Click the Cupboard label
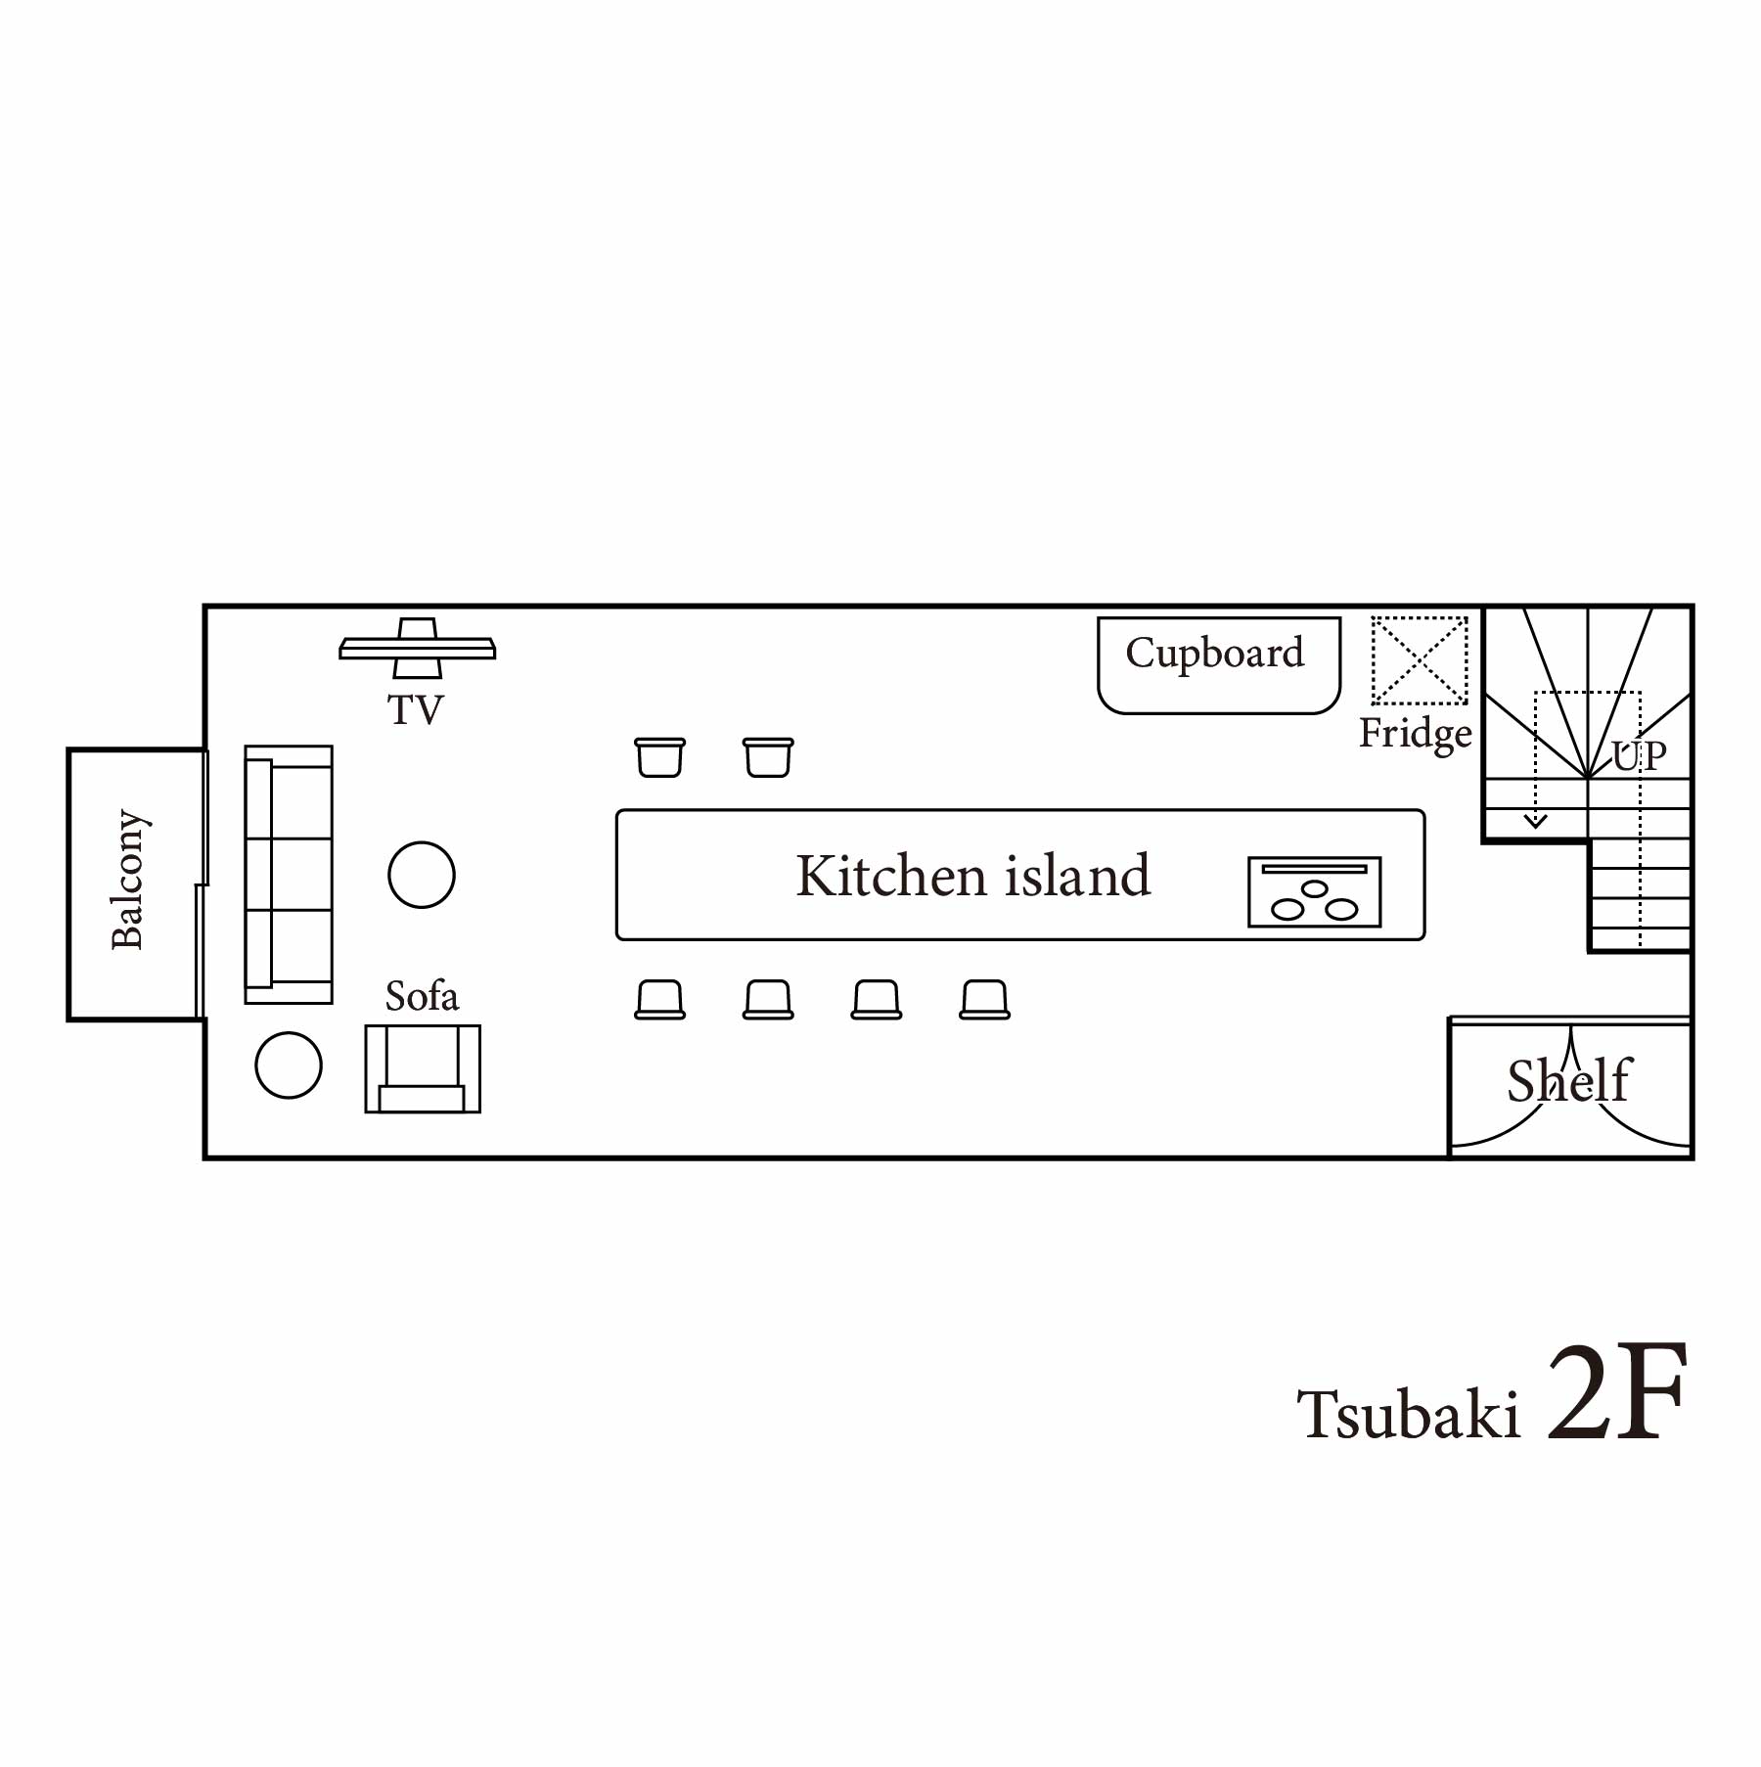coord(1214,653)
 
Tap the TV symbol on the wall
coord(418,648)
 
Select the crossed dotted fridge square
coord(1420,660)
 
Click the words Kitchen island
coord(972,875)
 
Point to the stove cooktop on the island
coord(1314,891)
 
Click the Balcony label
coord(127,879)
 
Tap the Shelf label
coord(1569,1080)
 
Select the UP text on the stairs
coord(1639,755)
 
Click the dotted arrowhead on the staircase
coord(1536,821)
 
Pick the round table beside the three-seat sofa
coord(422,875)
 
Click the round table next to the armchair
coord(289,1065)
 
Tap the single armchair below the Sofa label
coord(423,1068)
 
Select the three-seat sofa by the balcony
coord(289,875)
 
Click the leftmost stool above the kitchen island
coord(660,757)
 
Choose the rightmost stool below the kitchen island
coord(985,1000)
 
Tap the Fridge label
coord(1416,734)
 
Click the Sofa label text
coord(422,996)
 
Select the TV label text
coord(416,709)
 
